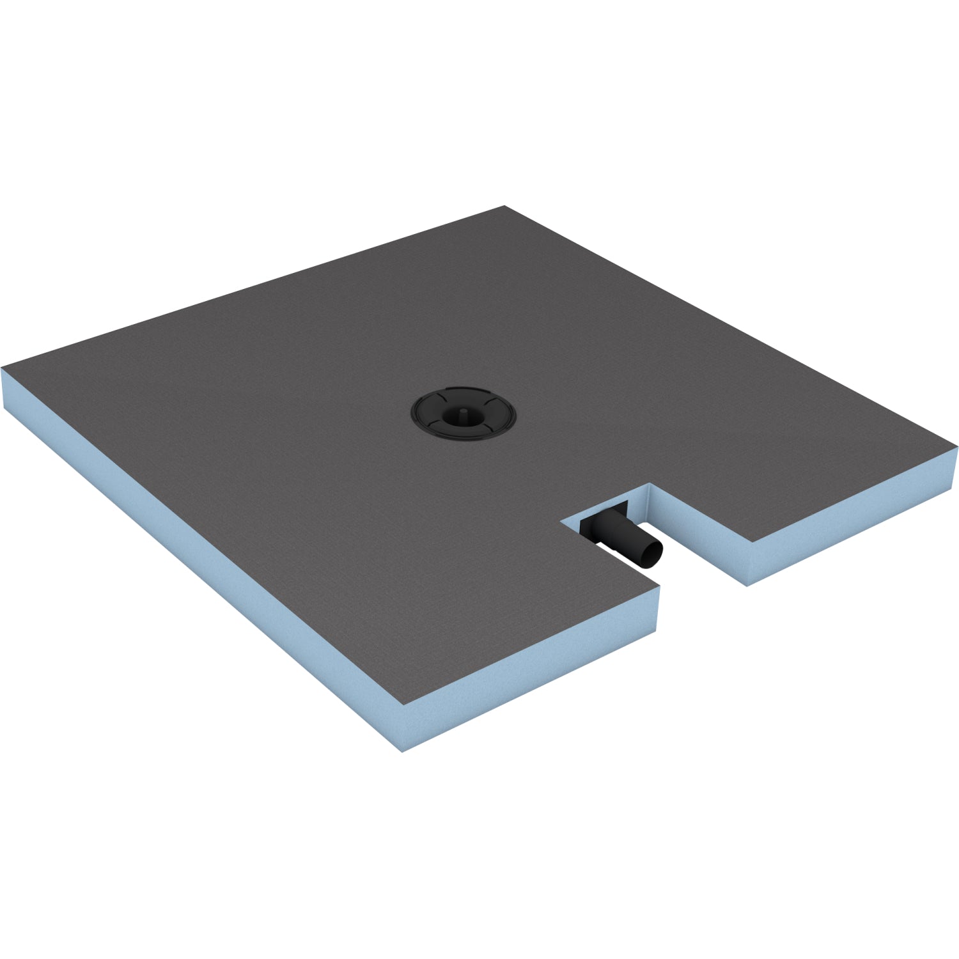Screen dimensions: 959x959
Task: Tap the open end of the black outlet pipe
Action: click(x=652, y=554)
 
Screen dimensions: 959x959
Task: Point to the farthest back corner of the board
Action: click(x=504, y=207)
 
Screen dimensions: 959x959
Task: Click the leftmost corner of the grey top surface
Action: click(x=3, y=369)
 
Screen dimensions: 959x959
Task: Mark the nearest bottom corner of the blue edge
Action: click(x=402, y=750)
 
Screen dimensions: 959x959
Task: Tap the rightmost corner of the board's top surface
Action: click(x=956, y=447)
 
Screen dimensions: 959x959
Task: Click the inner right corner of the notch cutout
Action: click(x=650, y=485)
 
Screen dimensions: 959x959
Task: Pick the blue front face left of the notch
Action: click(x=531, y=665)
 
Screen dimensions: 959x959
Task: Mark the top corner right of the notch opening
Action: click(x=747, y=542)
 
